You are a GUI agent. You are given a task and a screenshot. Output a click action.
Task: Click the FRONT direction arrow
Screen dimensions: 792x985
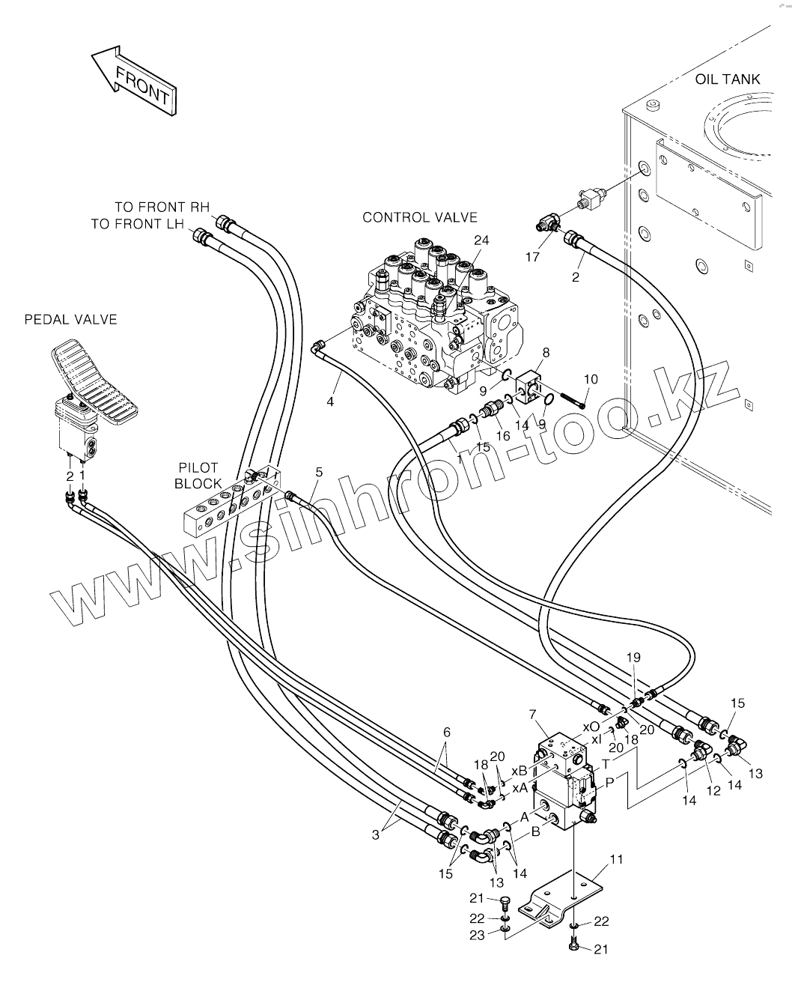pos(134,81)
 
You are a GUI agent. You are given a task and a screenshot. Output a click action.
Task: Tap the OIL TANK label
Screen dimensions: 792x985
pos(728,79)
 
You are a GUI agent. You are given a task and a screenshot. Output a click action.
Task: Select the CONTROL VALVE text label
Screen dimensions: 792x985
pos(420,217)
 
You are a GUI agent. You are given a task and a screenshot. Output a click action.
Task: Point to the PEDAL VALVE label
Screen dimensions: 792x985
pos(71,320)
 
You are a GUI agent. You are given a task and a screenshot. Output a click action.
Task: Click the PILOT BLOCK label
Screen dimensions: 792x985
pos(198,476)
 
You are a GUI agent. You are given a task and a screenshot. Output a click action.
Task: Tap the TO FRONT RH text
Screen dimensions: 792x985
pos(162,207)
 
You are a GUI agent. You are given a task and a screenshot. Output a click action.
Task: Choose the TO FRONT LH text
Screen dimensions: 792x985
pos(137,224)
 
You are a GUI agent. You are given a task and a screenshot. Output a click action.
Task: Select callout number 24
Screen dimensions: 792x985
pos(481,240)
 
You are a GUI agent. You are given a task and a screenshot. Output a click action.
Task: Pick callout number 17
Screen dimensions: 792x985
pos(532,257)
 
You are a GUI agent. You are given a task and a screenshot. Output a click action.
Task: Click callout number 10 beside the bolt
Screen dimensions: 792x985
pos(591,379)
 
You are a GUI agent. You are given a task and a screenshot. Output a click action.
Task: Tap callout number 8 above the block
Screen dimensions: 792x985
pos(546,353)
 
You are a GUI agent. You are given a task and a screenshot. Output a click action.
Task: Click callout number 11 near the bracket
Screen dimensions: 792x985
pos(617,860)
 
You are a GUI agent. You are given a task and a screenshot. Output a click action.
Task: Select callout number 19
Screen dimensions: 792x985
pos(634,658)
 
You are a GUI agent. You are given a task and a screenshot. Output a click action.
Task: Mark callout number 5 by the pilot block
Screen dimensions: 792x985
pos(319,472)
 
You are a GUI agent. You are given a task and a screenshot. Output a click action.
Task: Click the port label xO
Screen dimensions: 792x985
pos(591,727)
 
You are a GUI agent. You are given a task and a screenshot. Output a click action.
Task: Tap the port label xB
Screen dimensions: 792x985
pos(520,772)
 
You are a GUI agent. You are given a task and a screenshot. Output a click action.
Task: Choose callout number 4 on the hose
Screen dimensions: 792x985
pos(330,401)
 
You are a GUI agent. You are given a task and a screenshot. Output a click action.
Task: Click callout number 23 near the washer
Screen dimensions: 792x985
pos(477,932)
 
